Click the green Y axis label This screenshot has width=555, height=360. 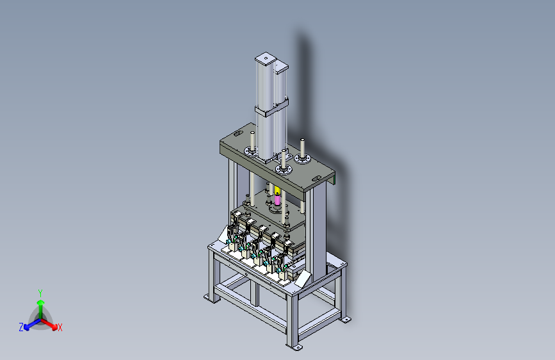pos(40,293)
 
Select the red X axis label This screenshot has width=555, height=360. pos(60,327)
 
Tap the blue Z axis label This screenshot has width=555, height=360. pos(21,327)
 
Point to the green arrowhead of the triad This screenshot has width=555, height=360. pos(41,302)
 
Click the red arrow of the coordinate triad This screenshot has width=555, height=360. pos(49,324)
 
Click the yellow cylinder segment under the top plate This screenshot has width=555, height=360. pos(277,191)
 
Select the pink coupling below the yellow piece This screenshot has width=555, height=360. pos(278,200)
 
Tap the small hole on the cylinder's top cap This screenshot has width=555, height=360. pos(266,58)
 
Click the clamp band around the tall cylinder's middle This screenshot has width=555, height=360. pos(272,108)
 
